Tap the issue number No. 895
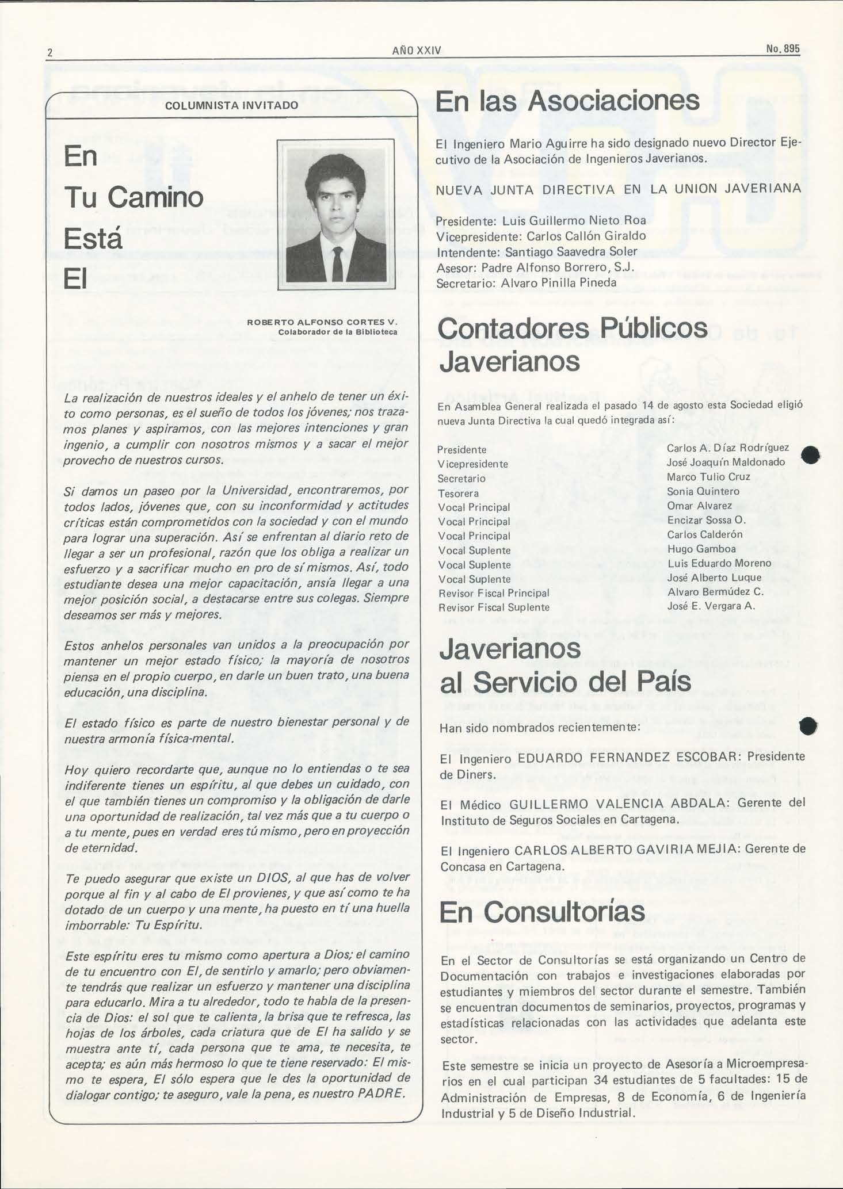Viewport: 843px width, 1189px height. pyautogui.click(x=783, y=49)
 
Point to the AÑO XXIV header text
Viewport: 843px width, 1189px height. pyautogui.click(x=416, y=51)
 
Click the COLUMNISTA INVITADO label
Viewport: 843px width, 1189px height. pyautogui.click(x=232, y=106)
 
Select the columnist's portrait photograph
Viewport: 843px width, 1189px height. pyautogui.click(x=336, y=215)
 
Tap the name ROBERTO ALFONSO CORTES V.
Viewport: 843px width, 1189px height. pyautogui.click(x=322, y=322)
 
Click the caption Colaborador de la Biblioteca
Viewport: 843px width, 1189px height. pyautogui.click(x=338, y=332)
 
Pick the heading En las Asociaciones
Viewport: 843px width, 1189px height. pyautogui.click(x=567, y=101)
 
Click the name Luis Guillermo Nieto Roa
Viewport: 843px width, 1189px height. pyautogui.click(x=574, y=221)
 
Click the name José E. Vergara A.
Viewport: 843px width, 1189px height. pyautogui.click(x=711, y=606)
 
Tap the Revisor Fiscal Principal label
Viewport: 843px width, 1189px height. pyautogui.click(x=494, y=593)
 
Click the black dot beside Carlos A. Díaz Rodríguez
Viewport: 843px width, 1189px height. pyautogui.click(x=811, y=454)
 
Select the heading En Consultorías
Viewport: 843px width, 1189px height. pyautogui.click(x=542, y=912)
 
